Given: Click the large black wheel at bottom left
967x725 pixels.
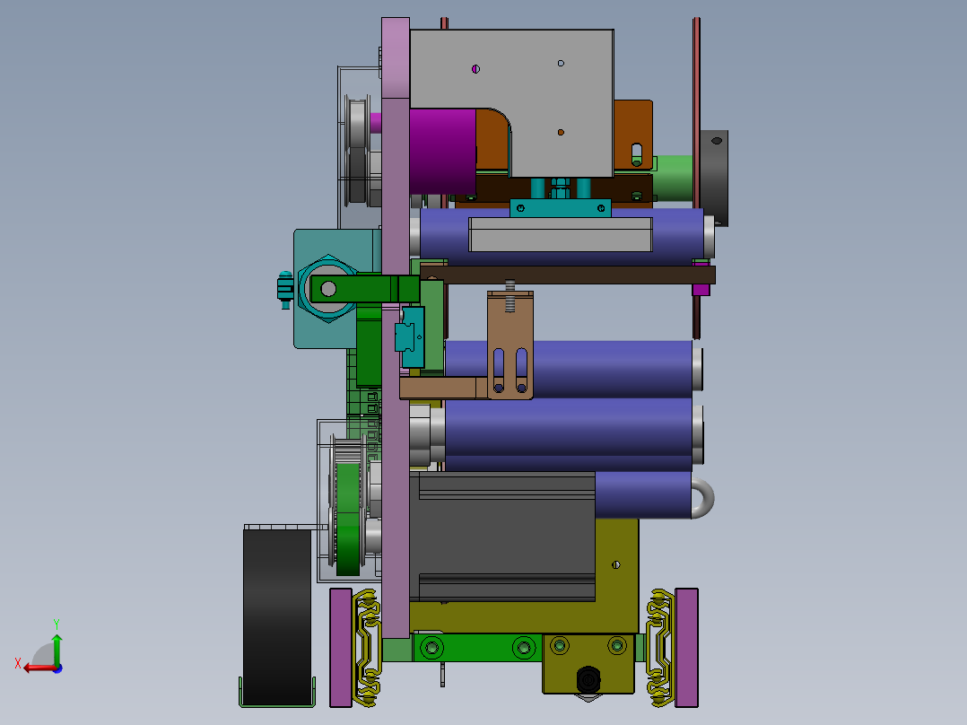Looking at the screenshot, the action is coord(277,616).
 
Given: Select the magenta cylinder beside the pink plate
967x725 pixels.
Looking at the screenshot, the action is coord(442,151).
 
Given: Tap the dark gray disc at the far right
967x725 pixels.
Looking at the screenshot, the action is coord(714,178).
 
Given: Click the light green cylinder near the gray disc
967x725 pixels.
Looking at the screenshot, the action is coord(674,178).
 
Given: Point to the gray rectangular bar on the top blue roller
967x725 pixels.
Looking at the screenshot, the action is coord(561,234).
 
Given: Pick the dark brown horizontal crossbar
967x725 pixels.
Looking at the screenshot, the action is coord(567,275).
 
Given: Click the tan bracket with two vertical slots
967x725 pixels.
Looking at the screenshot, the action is coord(510,345).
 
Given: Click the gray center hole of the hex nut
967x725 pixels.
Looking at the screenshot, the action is coord(328,288).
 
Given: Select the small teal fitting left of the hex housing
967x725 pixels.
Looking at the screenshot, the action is coord(285,289).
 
